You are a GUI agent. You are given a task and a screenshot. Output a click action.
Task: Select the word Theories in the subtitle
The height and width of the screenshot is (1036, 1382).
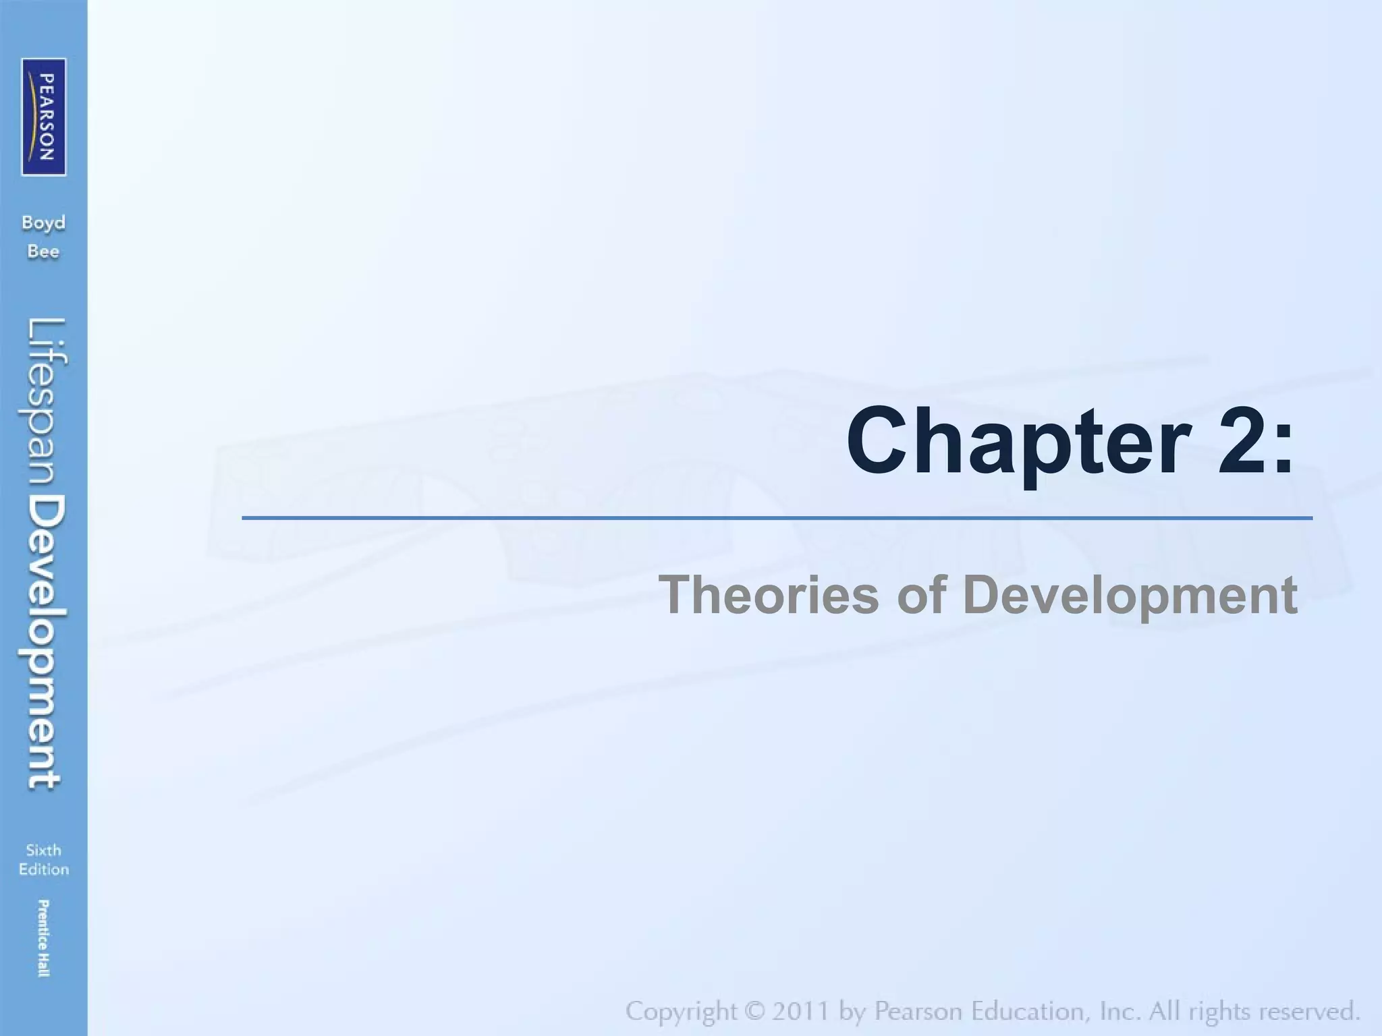pyautogui.click(x=769, y=595)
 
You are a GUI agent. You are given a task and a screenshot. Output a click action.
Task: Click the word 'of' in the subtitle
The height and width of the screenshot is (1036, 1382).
pyautogui.click(x=920, y=595)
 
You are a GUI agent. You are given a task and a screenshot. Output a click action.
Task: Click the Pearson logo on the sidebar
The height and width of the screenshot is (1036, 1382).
pyautogui.click(x=44, y=117)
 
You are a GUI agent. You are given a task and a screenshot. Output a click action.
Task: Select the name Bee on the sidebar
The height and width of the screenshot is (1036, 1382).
pyautogui.click(x=44, y=252)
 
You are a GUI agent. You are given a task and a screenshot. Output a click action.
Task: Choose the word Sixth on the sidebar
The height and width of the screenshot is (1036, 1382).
pyautogui.click(x=44, y=850)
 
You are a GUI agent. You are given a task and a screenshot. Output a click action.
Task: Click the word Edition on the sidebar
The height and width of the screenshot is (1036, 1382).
pyautogui.click(x=44, y=869)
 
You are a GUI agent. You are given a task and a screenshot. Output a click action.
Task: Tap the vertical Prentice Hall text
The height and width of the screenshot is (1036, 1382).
pyautogui.click(x=43, y=938)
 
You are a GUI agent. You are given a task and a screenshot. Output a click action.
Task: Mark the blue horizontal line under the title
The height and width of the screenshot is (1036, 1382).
pyautogui.click(x=776, y=518)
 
